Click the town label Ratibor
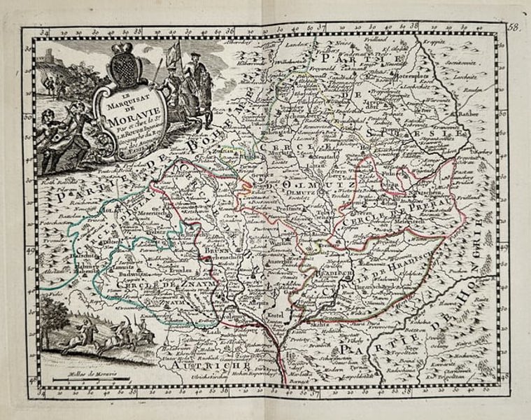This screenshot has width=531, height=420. pyautogui.click(x=470, y=113)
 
